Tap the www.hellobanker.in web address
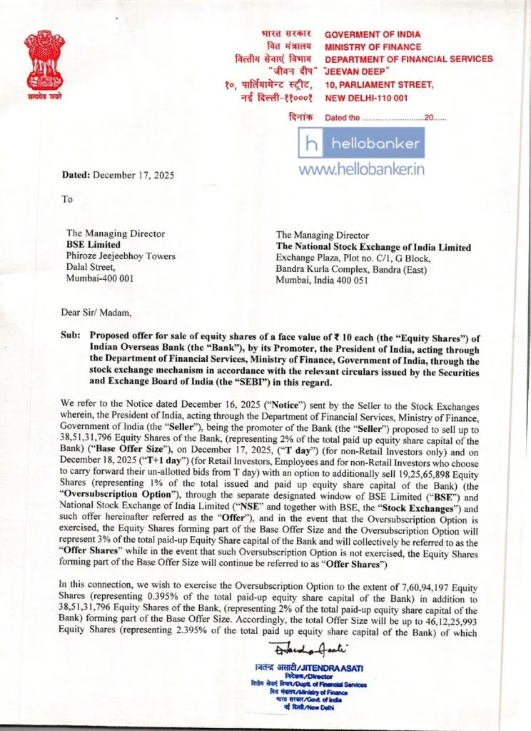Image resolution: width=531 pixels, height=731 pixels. click(x=362, y=170)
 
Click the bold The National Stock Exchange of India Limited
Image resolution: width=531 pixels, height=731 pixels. click(x=373, y=247)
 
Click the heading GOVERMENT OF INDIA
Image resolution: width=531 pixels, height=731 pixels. click(x=373, y=34)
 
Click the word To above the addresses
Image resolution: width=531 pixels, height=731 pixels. click(x=67, y=199)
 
